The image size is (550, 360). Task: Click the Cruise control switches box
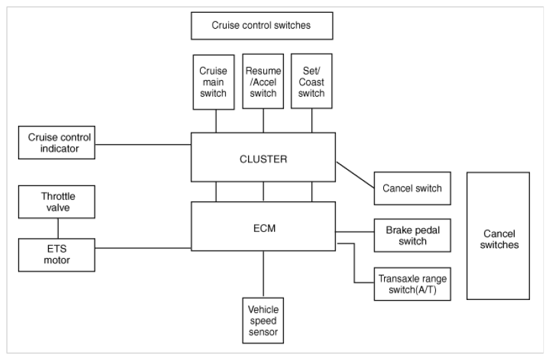click(262, 25)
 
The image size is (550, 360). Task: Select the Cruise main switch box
click(213, 82)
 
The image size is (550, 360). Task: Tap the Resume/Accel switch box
click(263, 81)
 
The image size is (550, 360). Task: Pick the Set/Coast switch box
click(311, 81)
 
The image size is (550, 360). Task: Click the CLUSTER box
click(263, 157)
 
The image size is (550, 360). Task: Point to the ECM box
click(263, 226)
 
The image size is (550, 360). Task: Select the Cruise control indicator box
click(57, 143)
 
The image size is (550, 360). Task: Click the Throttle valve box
click(57, 202)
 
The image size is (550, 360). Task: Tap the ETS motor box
click(57, 255)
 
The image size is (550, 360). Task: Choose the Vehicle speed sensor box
click(263, 321)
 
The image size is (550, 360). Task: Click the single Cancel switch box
click(413, 189)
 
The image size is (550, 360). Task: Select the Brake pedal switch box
click(413, 235)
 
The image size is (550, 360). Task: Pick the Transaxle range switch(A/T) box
click(413, 284)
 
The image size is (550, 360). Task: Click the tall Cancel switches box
click(498, 236)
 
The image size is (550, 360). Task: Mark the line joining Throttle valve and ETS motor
click(58, 229)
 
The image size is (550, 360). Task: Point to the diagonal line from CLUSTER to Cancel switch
click(355, 175)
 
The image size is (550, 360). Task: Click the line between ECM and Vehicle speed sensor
click(263, 275)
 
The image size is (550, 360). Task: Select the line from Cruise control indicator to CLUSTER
click(143, 144)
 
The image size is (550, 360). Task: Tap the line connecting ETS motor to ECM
click(143, 248)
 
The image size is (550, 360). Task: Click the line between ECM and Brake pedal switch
click(355, 232)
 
